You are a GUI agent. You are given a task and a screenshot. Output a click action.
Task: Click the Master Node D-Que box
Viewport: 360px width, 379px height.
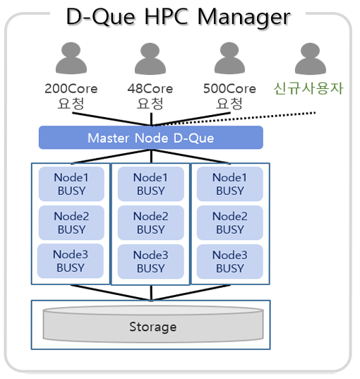[x=151, y=138]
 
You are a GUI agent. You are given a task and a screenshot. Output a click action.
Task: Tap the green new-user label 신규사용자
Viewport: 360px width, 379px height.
[x=308, y=88]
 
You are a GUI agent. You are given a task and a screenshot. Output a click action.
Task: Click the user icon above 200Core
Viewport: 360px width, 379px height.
[x=71, y=58]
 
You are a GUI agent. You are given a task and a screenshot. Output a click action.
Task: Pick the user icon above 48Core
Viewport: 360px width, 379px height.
[x=150, y=59]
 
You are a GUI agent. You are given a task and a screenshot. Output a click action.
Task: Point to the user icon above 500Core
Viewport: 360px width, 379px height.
[x=229, y=58]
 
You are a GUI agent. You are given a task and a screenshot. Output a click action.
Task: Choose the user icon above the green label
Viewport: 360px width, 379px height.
[x=311, y=59]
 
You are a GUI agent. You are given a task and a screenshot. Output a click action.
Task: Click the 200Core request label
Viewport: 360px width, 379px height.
[x=71, y=96]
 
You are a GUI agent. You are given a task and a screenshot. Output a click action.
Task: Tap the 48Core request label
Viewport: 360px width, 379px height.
[x=150, y=96]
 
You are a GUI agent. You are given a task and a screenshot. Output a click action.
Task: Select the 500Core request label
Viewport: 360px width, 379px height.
[x=229, y=96]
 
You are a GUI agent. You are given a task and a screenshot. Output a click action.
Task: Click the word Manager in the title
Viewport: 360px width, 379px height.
[x=244, y=18]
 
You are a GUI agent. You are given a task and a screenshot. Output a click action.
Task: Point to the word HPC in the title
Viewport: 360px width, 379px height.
[x=166, y=17]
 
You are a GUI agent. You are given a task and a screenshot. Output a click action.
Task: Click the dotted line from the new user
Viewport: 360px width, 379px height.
[x=234, y=119]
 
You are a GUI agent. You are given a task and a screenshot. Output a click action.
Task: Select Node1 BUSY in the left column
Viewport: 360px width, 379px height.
[x=71, y=184]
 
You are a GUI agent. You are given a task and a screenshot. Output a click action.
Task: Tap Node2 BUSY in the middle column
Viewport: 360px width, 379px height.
[x=150, y=222]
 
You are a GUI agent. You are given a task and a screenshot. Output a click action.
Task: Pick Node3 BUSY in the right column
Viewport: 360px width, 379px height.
[x=229, y=262]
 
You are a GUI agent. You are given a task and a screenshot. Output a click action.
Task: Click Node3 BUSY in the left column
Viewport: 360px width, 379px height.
[x=71, y=261]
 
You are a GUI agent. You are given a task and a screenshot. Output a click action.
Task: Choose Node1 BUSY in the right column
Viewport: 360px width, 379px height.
[x=229, y=184]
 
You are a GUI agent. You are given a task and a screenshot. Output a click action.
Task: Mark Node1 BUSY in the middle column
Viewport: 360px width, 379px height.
[x=150, y=184]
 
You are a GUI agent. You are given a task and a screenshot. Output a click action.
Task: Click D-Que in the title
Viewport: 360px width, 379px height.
[x=100, y=18]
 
